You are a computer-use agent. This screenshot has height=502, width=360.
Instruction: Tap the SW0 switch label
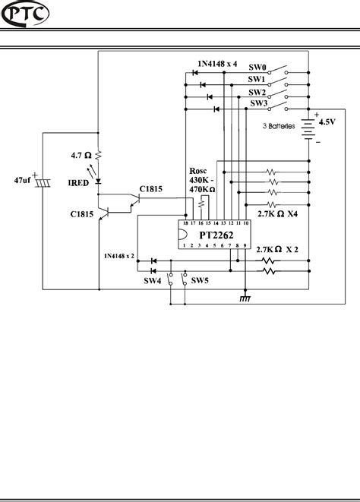tap(257, 67)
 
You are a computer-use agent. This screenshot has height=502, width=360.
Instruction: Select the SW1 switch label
tap(257, 79)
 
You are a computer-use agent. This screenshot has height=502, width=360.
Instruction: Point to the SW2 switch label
tap(257, 91)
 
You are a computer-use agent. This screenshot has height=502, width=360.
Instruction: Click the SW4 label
tap(153, 281)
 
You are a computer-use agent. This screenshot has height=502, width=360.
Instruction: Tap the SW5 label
tap(201, 281)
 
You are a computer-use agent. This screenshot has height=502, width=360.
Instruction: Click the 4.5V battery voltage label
tap(327, 122)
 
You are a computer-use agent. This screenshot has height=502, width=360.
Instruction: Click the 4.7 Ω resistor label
tap(81, 155)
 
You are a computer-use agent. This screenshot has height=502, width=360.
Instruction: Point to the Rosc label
tap(197, 172)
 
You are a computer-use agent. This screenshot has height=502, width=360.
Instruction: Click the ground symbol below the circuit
tap(245, 298)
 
